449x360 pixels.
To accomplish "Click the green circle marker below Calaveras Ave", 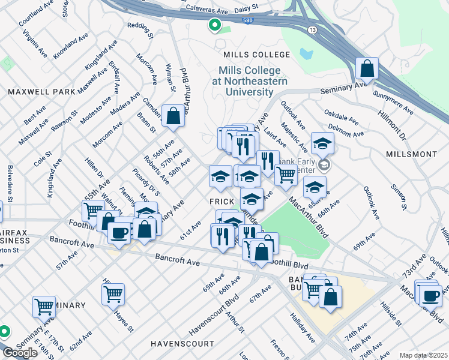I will (214, 25).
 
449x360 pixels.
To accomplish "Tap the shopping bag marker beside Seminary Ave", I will (366, 69).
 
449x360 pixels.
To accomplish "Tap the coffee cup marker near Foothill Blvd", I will (119, 232).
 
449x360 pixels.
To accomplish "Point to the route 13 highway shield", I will (310, 47).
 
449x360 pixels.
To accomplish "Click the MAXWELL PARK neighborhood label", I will (41, 92).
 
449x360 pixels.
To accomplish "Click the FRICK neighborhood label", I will (220, 199).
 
